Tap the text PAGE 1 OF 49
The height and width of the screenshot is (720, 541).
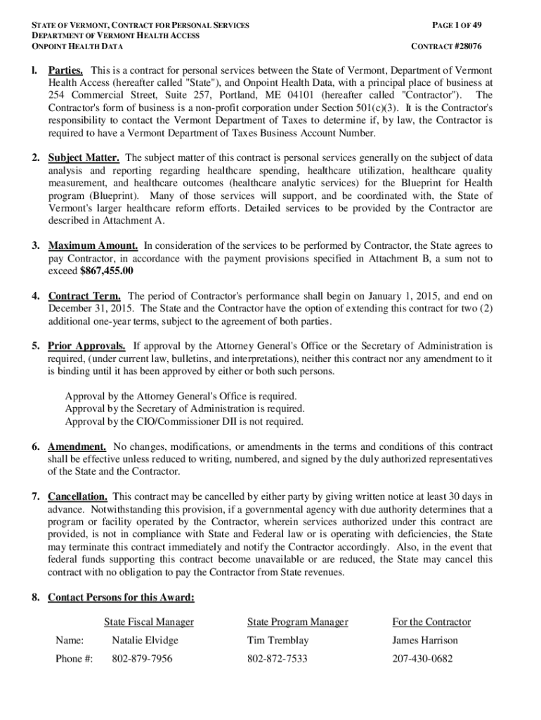point(457,25)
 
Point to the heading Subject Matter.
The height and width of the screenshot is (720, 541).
point(83,157)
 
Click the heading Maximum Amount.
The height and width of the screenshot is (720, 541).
point(93,245)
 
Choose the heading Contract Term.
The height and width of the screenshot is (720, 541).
point(84,296)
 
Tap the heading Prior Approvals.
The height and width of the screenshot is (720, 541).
point(87,346)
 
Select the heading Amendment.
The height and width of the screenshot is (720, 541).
point(77,446)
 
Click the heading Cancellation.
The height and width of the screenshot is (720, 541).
point(78,496)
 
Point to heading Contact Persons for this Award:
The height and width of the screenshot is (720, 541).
point(121,598)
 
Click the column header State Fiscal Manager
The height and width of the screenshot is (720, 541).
point(149,622)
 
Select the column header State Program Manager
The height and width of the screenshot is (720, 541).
point(298,622)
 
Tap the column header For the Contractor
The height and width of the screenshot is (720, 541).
point(431,622)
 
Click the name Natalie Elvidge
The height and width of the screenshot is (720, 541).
point(145,641)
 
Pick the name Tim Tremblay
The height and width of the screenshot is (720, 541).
point(278,641)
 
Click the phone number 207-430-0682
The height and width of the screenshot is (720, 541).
point(422,660)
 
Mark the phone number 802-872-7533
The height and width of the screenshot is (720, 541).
point(277,660)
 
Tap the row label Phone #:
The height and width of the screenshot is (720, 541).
point(74,660)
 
